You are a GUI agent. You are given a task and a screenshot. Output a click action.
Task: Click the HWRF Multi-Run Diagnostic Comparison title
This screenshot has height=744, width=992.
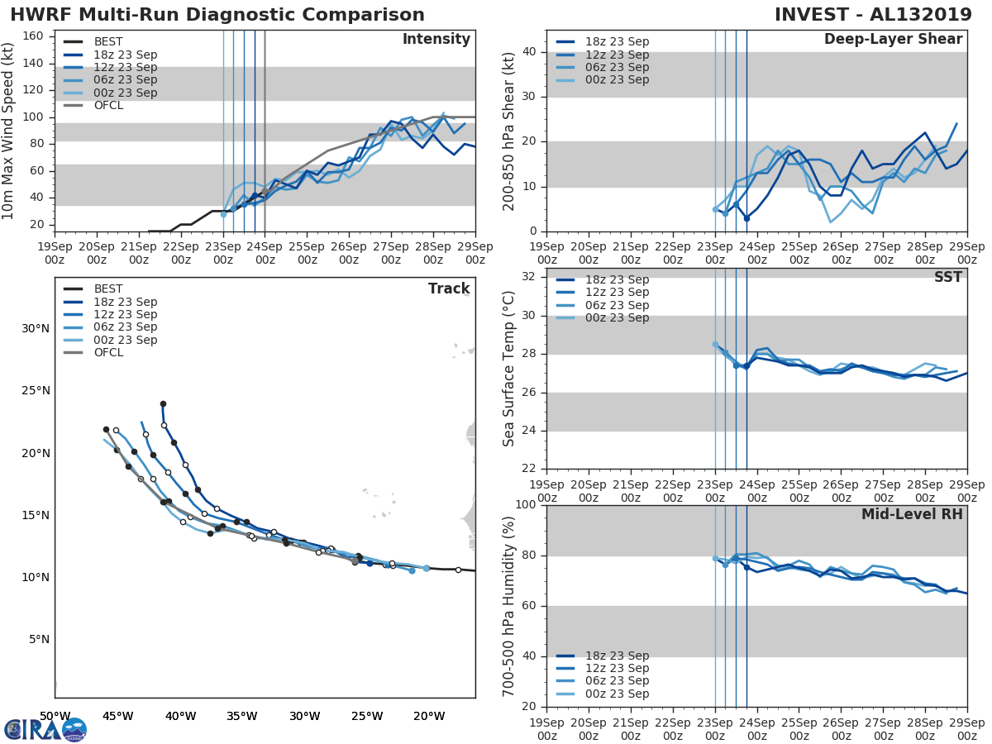(217, 15)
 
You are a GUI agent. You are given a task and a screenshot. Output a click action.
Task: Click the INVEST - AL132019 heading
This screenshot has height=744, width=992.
(880, 15)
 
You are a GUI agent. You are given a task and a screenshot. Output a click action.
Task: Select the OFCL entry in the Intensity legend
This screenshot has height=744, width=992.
(108, 105)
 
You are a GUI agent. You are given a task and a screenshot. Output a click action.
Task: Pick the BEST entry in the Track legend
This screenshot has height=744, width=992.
(108, 289)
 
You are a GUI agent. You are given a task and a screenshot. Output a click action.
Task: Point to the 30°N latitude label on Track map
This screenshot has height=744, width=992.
(36, 328)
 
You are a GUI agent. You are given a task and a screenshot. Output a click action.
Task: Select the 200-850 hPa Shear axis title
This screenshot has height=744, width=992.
(510, 131)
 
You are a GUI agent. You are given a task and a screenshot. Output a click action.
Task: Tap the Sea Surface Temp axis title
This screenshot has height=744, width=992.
(510, 369)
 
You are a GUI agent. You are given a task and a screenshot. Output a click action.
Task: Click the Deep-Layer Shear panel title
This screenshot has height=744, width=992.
(893, 40)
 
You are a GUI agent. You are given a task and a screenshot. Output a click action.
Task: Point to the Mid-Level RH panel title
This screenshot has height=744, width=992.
(912, 514)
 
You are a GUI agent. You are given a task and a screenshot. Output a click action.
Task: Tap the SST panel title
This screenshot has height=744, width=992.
(947, 277)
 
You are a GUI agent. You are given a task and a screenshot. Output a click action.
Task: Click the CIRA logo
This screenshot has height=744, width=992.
(45, 729)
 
